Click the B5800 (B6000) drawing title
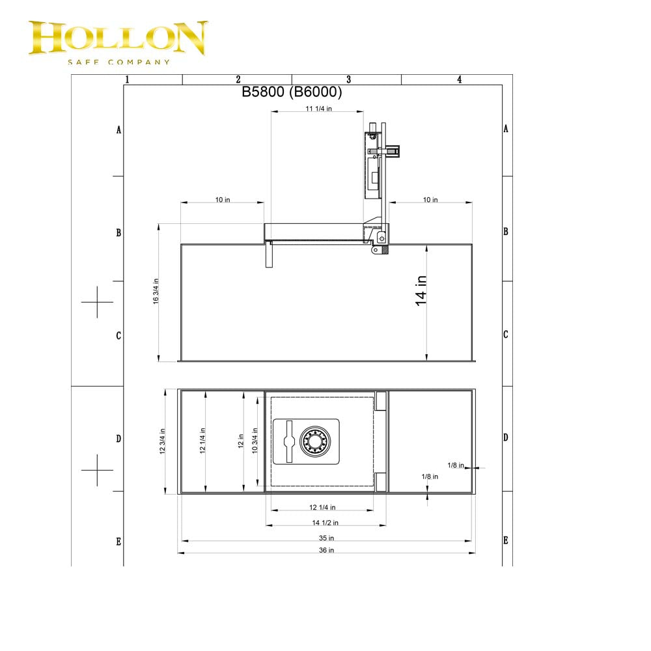[292, 92]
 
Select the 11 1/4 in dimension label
[319, 109]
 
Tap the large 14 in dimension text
[421, 290]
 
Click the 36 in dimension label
[326, 550]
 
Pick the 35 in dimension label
[326, 538]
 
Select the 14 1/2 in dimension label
[325, 522]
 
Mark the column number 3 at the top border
[348, 79]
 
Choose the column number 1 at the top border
[127, 79]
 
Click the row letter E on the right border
[506, 540]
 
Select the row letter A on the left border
[118, 130]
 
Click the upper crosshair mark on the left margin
[97, 302]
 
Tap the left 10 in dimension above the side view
[223, 199]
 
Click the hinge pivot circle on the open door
[381, 238]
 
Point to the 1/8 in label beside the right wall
[456, 465]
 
